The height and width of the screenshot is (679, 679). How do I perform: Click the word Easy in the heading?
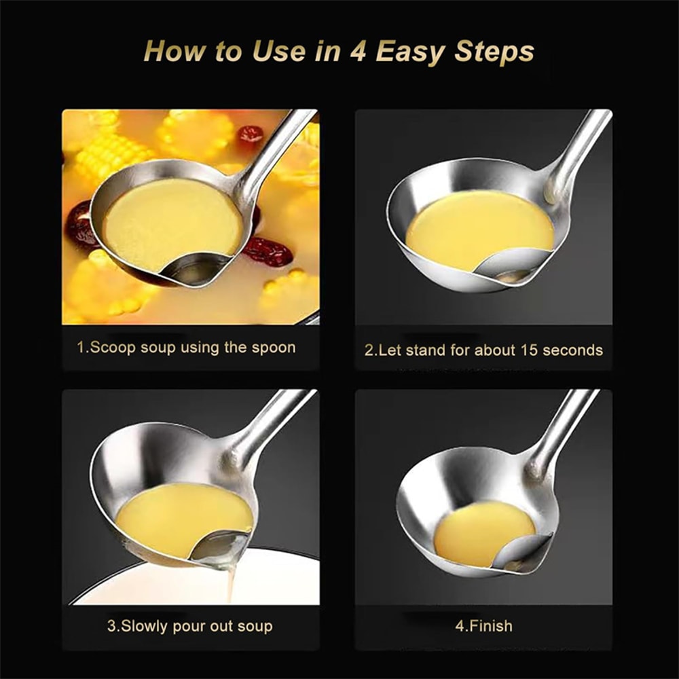pyautogui.click(x=409, y=52)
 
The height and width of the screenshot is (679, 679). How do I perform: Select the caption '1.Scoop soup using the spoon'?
pyautogui.click(x=186, y=348)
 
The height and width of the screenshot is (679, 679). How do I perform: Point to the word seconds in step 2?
pyautogui.click(x=576, y=351)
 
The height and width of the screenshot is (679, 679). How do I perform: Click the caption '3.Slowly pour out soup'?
pyautogui.click(x=189, y=625)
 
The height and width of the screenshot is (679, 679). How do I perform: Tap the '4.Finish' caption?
pyautogui.click(x=483, y=625)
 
